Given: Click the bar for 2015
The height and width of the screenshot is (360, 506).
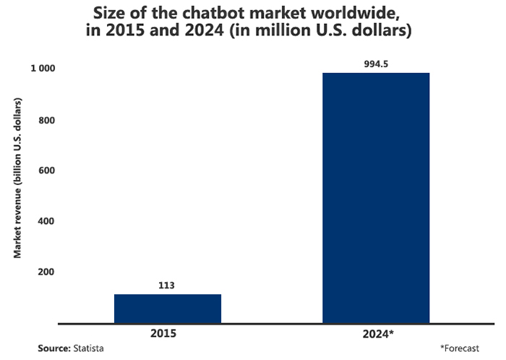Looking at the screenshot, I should click(168, 309).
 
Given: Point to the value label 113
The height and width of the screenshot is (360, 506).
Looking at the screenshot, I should click(168, 285).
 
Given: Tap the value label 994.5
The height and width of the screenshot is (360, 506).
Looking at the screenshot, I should click(376, 64).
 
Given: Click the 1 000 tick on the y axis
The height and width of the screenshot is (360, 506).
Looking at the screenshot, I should click(43, 69).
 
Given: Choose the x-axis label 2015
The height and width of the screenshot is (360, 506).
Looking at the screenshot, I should click(168, 334).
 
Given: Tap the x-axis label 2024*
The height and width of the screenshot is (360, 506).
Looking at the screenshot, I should click(377, 334).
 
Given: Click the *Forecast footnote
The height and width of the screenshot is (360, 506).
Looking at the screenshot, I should click(459, 348).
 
